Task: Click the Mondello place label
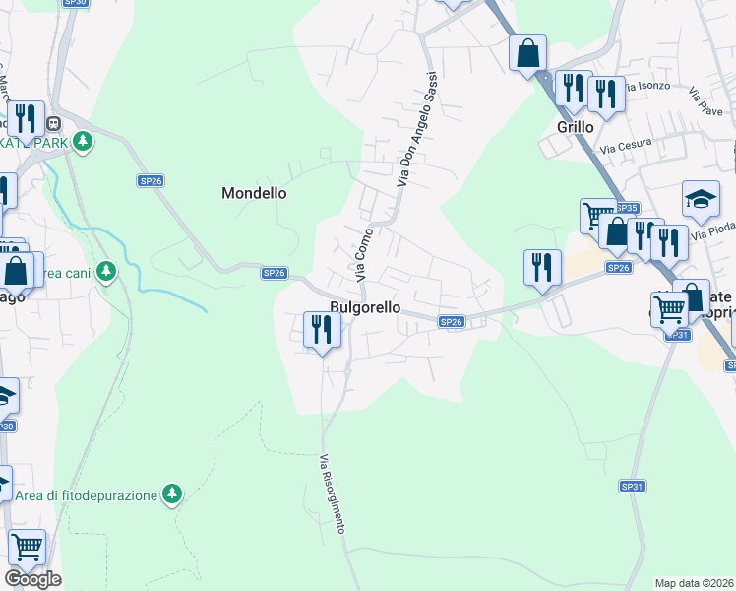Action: (254, 193)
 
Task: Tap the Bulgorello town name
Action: (365, 307)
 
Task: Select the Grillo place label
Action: (576, 127)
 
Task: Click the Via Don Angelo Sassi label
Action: (414, 129)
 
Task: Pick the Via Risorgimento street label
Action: (333, 493)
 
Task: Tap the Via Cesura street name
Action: (621, 148)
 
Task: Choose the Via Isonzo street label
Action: (649, 86)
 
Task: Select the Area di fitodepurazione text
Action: (86, 494)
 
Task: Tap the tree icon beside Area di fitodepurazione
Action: (173, 492)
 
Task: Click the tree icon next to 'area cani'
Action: (107, 271)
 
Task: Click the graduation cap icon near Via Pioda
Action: (701, 200)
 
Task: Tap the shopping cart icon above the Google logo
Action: (27, 545)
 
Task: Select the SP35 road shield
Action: (627, 208)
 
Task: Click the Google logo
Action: (32, 579)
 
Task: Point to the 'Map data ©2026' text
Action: (695, 583)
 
